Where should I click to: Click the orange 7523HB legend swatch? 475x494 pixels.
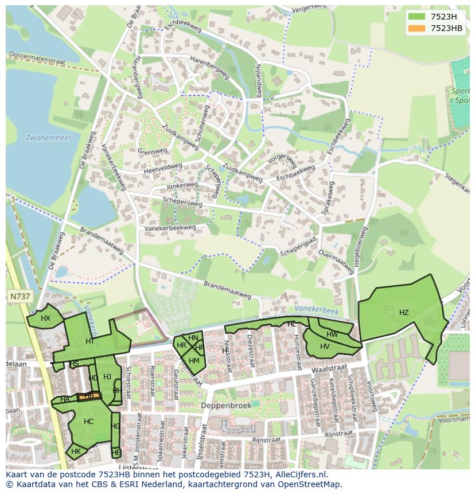pos(417,28)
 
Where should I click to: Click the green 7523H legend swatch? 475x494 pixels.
pos(417,17)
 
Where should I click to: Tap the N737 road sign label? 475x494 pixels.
pos(20,297)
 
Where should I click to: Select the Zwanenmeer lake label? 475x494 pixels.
pos(44,138)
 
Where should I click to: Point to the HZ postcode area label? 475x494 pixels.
pos(404,313)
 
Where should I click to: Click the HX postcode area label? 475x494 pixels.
pos(45,318)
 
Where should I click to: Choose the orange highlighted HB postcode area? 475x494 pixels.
pos(89,396)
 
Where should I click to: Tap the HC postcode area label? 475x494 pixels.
pos(88,422)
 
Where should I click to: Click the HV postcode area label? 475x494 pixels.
pos(325,347)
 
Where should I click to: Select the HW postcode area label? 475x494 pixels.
pos(332,334)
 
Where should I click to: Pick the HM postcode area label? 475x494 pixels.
pos(194,361)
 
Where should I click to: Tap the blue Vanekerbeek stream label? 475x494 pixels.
pos(318,310)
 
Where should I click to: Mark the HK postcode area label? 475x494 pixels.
pos(76,452)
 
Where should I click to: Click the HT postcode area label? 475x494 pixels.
pos(89,341)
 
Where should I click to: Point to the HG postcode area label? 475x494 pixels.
pos(116,426)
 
